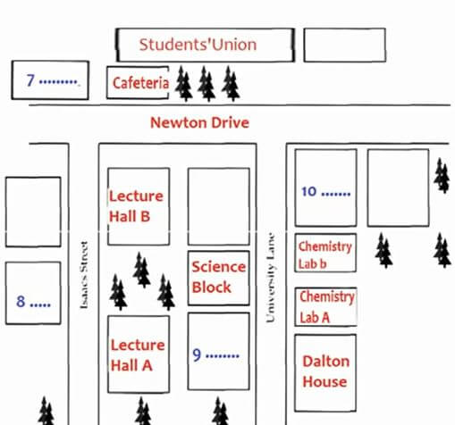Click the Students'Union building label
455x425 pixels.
pyautogui.click(x=198, y=45)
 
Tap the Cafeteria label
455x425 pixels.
pyautogui.click(x=140, y=83)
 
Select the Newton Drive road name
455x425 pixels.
pyautogui.click(x=199, y=122)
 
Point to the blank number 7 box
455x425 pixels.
pyautogui.click(x=50, y=80)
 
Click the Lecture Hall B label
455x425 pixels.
pyautogui.click(x=136, y=206)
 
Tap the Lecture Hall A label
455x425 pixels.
pyautogui.click(x=138, y=355)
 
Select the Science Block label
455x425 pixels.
pyautogui.click(x=219, y=277)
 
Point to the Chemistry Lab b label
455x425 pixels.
pyautogui.click(x=325, y=255)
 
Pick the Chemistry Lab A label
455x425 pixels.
pyautogui.click(x=327, y=307)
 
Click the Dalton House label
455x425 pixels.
pyautogui.click(x=326, y=371)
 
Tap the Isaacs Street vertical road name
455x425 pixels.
pyautogui.click(x=84, y=275)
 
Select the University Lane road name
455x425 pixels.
pyautogui.click(x=270, y=278)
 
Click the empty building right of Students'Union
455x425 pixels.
pyautogui.click(x=345, y=45)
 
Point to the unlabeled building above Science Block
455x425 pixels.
pyautogui.click(x=219, y=206)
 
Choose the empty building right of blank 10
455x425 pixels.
pyautogui.click(x=398, y=187)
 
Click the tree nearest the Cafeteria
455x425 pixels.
pyautogui.click(x=183, y=84)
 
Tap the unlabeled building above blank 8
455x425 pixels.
pyautogui.click(x=33, y=212)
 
